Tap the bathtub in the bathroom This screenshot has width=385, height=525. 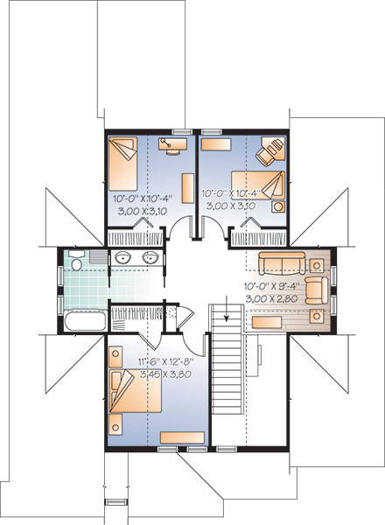tap(86, 320)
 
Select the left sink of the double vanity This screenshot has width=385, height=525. tap(122, 257)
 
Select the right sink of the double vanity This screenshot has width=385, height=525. tap(150, 257)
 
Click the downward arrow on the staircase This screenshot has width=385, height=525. tap(227, 308)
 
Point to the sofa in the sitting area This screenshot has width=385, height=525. tap(282, 263)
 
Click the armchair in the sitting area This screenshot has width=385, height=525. tap(317, 290)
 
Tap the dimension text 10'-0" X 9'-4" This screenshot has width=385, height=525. tap(271, 287)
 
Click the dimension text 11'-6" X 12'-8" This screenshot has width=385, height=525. tap(166, 361)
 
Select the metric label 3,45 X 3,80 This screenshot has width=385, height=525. tap(165, 374)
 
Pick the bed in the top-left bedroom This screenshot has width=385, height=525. tap(122, 164)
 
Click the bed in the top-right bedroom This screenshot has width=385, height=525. tap(258, 185)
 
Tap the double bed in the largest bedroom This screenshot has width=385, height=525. tap(136, 391)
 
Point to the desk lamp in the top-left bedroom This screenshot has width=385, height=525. tap(165, 143)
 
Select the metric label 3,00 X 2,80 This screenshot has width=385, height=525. tap(271, 299)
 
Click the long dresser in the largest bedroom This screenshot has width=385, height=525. tap(182, 437)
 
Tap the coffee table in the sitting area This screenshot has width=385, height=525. tap(267, 322)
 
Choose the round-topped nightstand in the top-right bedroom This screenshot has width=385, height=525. tap(278, 206)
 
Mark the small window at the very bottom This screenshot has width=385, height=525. tap(115, 501)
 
